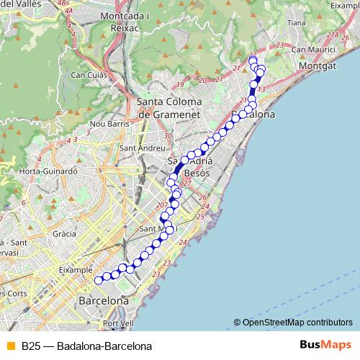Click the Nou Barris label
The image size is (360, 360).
coord(109,124)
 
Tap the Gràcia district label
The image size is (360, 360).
coord(65,234)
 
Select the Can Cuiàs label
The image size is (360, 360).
coord(89,74)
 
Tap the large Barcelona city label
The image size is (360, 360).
coord(103,300)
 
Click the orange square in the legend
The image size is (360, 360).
coord(10,346)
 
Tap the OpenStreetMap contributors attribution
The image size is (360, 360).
coord(297,322)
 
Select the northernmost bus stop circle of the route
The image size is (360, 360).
coord(253,60)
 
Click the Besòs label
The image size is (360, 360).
coord(197,174)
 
